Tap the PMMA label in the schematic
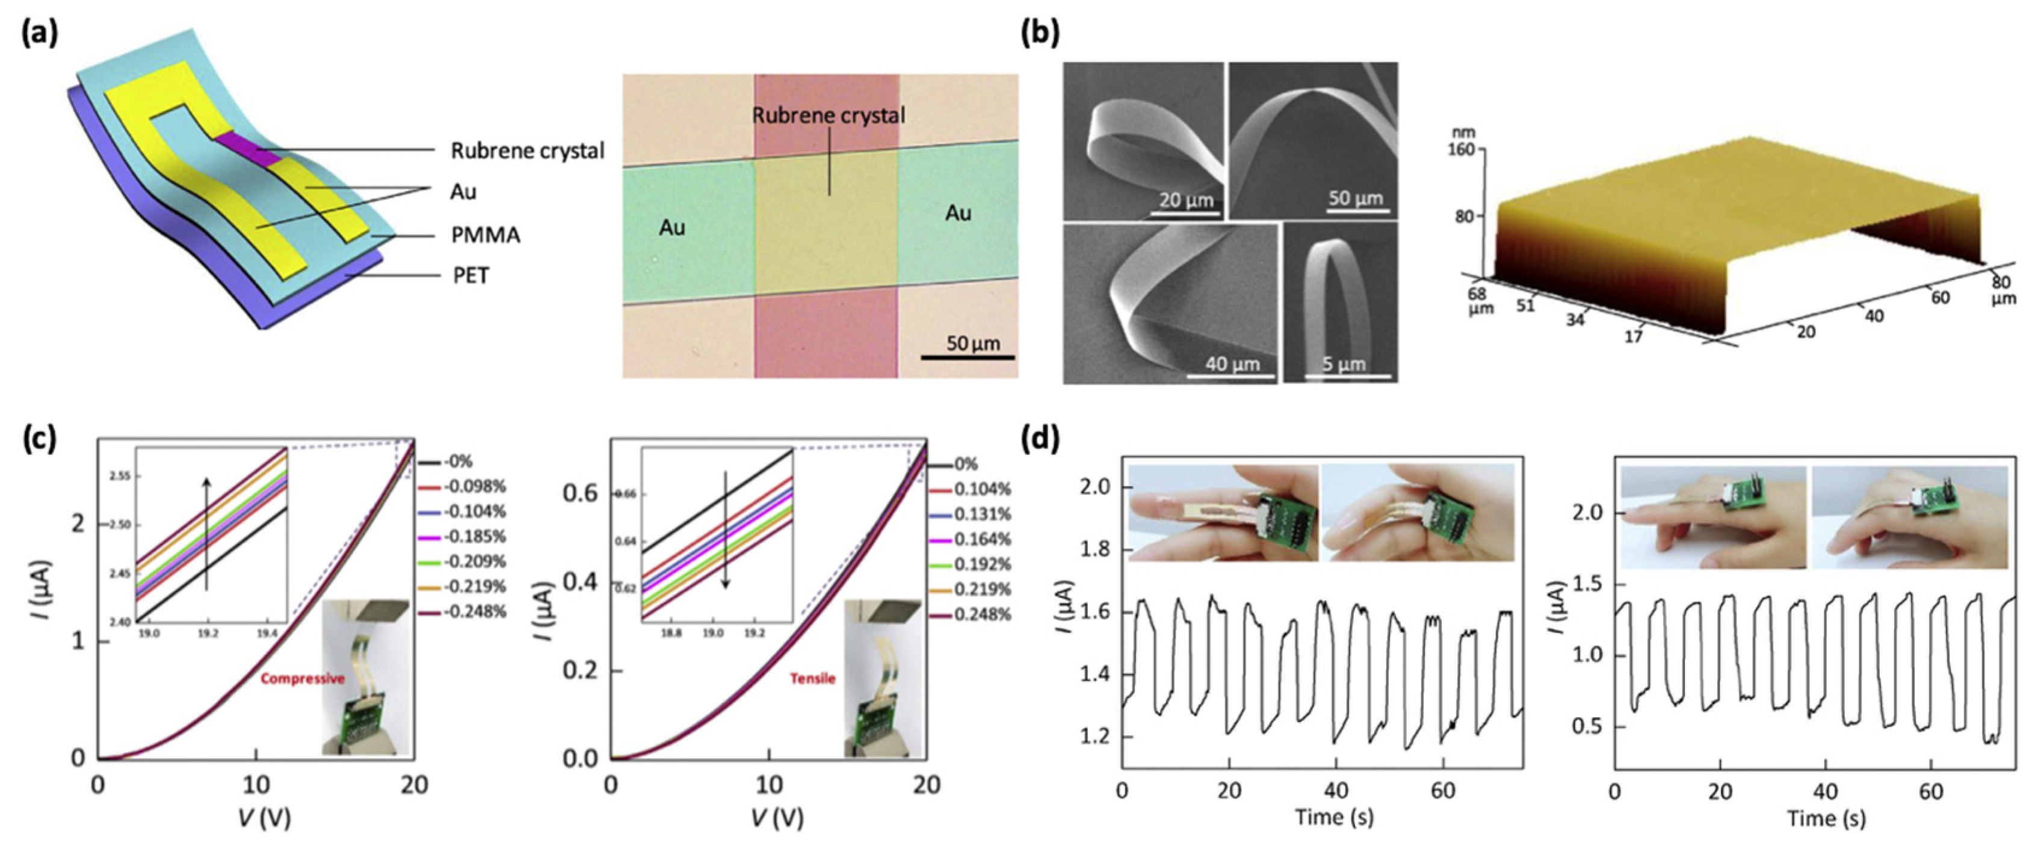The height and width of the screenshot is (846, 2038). point(485,235)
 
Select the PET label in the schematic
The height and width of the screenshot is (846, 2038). point(471,276)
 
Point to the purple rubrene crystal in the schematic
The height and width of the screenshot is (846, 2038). point(246,148)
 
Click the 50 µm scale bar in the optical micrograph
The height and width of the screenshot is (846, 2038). point(968,357)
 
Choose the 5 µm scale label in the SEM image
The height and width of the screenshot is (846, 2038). point(1344,364)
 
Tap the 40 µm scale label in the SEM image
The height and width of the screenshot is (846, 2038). point(1232,364)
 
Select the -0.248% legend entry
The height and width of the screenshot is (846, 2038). point(475,612)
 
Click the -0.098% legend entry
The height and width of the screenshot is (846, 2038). point(475,486)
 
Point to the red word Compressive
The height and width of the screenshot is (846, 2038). point(302,678)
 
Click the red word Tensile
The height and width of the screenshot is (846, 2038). point(812,678)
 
